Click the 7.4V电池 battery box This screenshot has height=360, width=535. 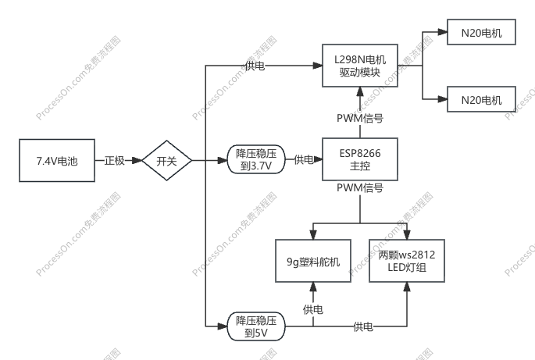coord(57,160)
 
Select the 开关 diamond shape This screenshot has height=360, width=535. coord(167,160)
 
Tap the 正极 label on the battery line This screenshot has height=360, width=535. coord(115,160)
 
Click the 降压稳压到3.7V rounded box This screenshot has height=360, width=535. coord(256,160)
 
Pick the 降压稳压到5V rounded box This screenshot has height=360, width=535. coord(256,326)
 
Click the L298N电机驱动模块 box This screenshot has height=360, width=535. coord(360,66)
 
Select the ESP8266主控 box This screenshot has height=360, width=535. coord(360,159)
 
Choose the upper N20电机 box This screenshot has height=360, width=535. coord(481,32)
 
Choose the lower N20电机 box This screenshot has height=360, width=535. coord(481,99)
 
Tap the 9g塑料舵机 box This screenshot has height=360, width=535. coord(313,261)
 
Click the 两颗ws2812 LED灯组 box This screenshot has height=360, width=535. coord(407,261)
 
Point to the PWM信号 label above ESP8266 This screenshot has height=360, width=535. coord(360,118)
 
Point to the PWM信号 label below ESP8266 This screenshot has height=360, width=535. coord(360,187)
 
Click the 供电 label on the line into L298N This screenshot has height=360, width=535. coord(255,66)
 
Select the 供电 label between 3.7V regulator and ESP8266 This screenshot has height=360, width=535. coord(304,159)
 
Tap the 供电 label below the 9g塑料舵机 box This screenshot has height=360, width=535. coord(313,309)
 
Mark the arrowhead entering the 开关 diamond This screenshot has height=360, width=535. coord(137,160)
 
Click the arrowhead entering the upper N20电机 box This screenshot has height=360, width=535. coord(443,32)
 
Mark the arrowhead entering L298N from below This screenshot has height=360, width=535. coord(360,92)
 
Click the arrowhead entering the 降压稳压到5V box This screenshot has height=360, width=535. coord(223,326)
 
